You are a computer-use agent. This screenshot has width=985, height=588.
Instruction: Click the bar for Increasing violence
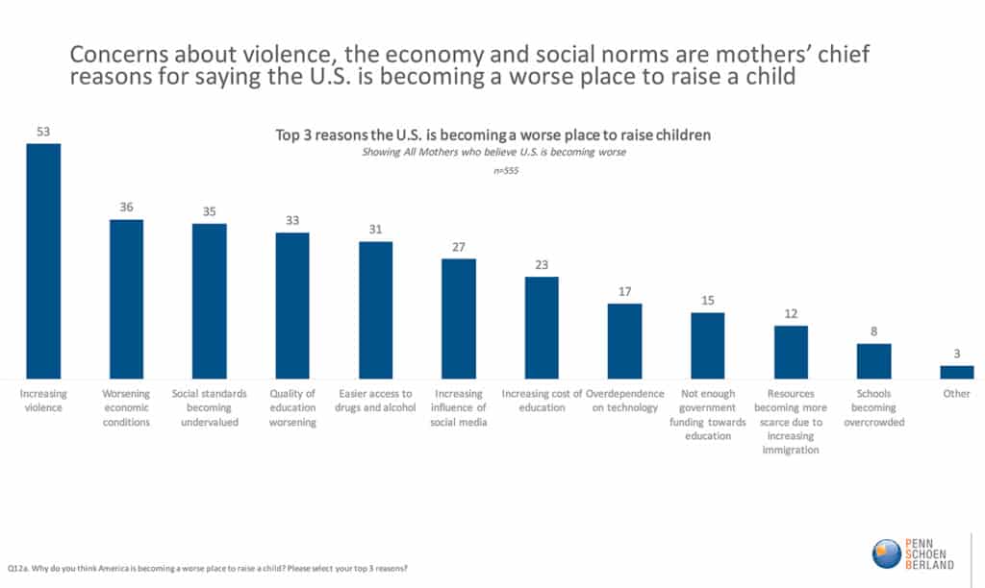tap(43, 260)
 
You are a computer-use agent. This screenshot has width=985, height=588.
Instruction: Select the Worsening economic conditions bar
tap(126, 299)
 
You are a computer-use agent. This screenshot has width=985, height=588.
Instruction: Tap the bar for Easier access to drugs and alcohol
tap(375, 309)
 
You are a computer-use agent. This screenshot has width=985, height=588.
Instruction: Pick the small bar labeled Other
tap(957, 372)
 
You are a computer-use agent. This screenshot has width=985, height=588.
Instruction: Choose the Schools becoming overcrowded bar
tap(874, 360)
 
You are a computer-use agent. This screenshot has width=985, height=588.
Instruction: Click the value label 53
tap(43, 132)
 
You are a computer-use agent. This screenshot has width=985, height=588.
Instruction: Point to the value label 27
tap(459, 247)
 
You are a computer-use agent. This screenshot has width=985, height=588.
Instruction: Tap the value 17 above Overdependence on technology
tap(624, 291)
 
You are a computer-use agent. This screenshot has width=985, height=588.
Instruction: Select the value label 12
tap(791, 313)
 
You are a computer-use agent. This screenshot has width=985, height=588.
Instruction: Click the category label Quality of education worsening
tap(292, 407)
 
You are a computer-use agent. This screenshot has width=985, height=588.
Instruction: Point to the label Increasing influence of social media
tap(459, 407)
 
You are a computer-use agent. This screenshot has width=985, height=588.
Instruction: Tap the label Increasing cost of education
tap(543, 401)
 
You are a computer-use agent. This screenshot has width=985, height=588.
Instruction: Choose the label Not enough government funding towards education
tap(708, 414)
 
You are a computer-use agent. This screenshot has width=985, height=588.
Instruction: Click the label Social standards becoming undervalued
tap(210, 407)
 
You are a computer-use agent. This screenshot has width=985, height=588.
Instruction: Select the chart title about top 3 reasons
tap(492, 135)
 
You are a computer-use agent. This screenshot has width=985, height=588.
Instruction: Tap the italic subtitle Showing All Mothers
tap(492, 152)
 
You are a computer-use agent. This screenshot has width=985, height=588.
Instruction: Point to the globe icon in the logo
tap(886, 553)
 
